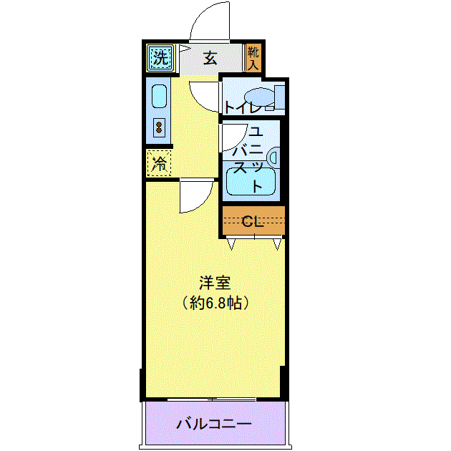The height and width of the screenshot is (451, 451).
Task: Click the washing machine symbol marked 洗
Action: pos(160,58)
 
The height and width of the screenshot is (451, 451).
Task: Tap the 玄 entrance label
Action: pos(210,59)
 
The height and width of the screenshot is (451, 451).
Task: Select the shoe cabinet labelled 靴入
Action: pos(253,58)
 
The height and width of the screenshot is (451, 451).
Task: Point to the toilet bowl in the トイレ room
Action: pos(260,97)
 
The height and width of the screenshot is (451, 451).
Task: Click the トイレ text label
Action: pos(244,107)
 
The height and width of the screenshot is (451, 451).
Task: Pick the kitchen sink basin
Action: pos(159,97)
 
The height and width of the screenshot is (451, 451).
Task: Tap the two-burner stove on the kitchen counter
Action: pos(159,127)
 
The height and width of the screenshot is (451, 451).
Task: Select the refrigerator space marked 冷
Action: pos(159,163)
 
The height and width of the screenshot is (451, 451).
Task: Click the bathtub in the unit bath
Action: pos(251,182)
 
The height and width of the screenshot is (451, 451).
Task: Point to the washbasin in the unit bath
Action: pos(273,157)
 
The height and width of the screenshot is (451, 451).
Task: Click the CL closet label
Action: pos(253,221)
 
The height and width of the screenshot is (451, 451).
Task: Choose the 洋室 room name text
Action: pos(215,283)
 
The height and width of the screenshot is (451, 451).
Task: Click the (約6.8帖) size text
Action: pos(215,303)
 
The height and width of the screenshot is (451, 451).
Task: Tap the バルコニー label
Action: pos(214,424)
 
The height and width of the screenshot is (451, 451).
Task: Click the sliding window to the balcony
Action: pos(212,399)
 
